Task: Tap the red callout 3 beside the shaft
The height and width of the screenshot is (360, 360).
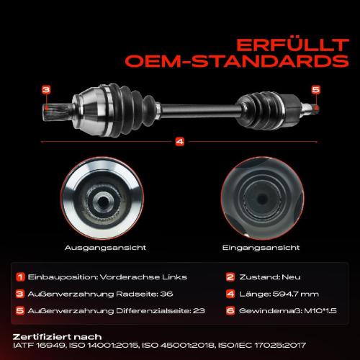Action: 45,90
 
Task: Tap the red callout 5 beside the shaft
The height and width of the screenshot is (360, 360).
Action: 315,90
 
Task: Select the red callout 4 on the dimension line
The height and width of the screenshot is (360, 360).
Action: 180,141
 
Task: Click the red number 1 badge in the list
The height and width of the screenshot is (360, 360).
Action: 22,277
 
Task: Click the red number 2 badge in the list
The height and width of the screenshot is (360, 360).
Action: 230,277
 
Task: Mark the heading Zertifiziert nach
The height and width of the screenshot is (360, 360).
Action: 58,336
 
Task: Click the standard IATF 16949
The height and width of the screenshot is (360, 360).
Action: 37,346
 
